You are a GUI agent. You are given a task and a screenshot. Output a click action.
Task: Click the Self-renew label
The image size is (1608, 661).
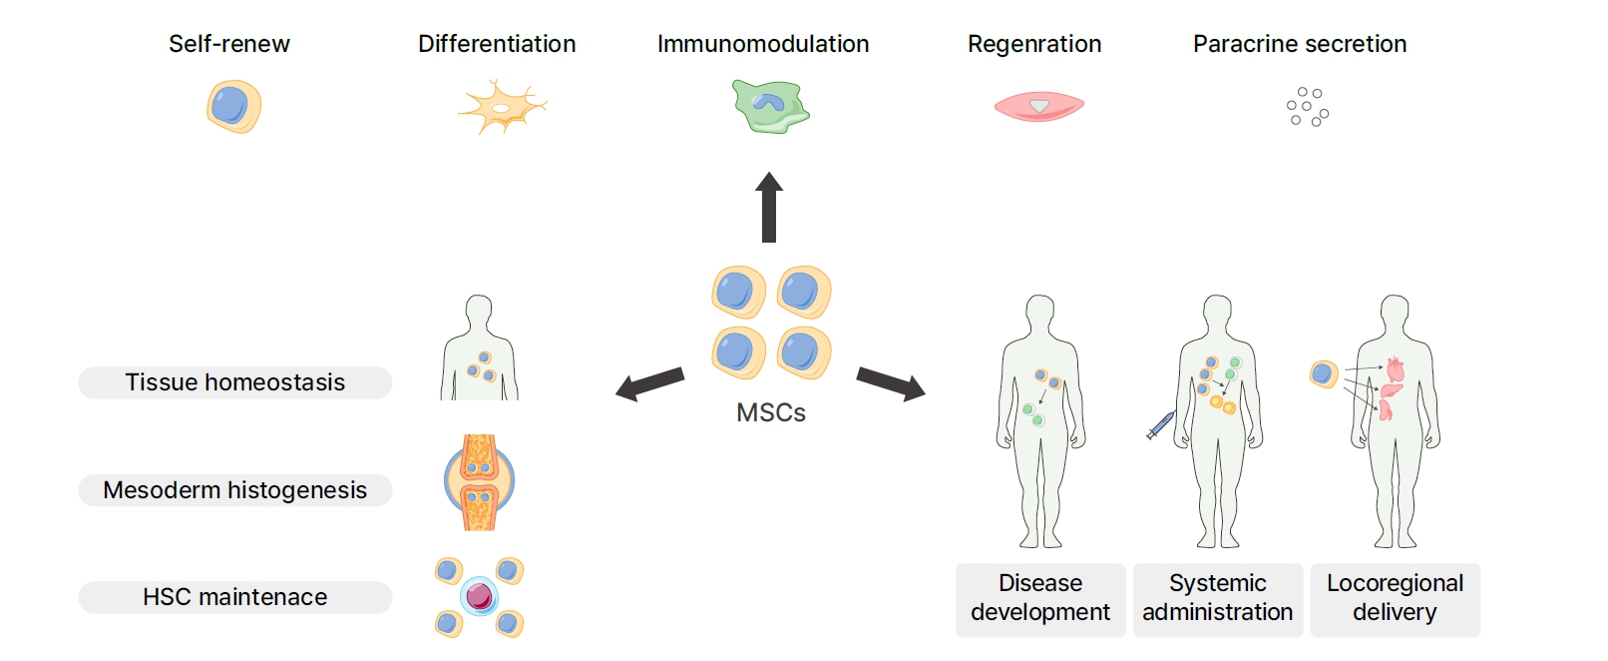pos(228,44)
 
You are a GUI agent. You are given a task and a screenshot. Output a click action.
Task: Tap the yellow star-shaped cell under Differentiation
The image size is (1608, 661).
pos(502,107)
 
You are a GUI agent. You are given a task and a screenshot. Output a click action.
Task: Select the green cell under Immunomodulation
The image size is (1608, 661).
pos(769,107)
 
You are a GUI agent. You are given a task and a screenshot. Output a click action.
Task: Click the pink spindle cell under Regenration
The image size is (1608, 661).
pos(1038,106)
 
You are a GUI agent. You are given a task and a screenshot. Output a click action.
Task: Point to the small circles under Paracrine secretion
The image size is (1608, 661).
pos(1307,107)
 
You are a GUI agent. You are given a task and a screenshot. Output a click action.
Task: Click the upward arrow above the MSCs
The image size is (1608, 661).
pos(768,207)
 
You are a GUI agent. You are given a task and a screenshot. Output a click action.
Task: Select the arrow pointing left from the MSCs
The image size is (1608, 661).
pos(649,383)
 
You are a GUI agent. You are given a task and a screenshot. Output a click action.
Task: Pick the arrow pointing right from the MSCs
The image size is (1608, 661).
pos(891,384)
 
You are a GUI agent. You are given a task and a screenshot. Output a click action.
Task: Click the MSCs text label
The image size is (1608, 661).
pos(770,412)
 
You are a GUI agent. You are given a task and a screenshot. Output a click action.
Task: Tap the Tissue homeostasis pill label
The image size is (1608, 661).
pos(235,382)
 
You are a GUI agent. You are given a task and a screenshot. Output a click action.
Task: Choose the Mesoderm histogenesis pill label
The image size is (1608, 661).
pos(235,490)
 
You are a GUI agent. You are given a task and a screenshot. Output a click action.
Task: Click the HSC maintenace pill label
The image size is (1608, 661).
pos(235,597)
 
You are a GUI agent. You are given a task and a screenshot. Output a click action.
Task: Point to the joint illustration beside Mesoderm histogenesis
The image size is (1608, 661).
pos(479,482)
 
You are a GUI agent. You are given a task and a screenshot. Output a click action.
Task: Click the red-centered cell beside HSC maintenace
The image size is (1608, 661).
pos(479,596)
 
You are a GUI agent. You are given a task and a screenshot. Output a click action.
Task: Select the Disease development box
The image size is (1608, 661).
pos(1039,598)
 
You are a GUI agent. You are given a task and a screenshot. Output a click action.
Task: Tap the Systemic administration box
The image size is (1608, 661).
pos(1217,598)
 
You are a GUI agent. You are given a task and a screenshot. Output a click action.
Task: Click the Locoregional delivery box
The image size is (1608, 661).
pos(1395,598)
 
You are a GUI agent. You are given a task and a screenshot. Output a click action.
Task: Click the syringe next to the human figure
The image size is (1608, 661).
pos(1160,426)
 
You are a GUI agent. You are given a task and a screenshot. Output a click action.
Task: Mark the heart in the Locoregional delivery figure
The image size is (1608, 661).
pos(1395,369)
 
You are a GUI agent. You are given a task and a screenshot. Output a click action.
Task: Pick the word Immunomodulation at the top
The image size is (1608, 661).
pos(762,44)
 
